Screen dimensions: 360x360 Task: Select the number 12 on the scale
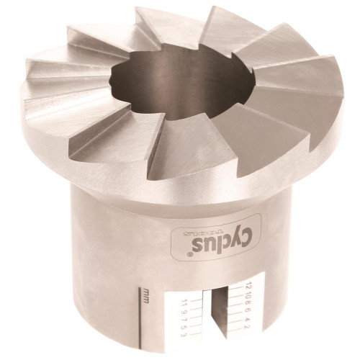click(x=248, y=285)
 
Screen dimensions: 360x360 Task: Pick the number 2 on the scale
click(x=248, y=326)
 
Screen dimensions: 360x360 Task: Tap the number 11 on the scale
click(x=184, y=302)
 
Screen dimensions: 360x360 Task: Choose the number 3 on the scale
click(x=184, y=334)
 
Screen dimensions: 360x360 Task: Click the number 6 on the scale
click(x=248, y=309)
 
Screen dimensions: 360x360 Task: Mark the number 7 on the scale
click(x=184, y=318)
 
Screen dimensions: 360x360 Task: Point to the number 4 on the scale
click(x=248, y=318)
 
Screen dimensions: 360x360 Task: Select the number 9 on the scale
click(x=184, y=310)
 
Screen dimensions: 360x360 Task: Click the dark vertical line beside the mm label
click(x=140, y=317)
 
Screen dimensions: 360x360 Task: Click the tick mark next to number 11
click(x=196, y=301)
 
